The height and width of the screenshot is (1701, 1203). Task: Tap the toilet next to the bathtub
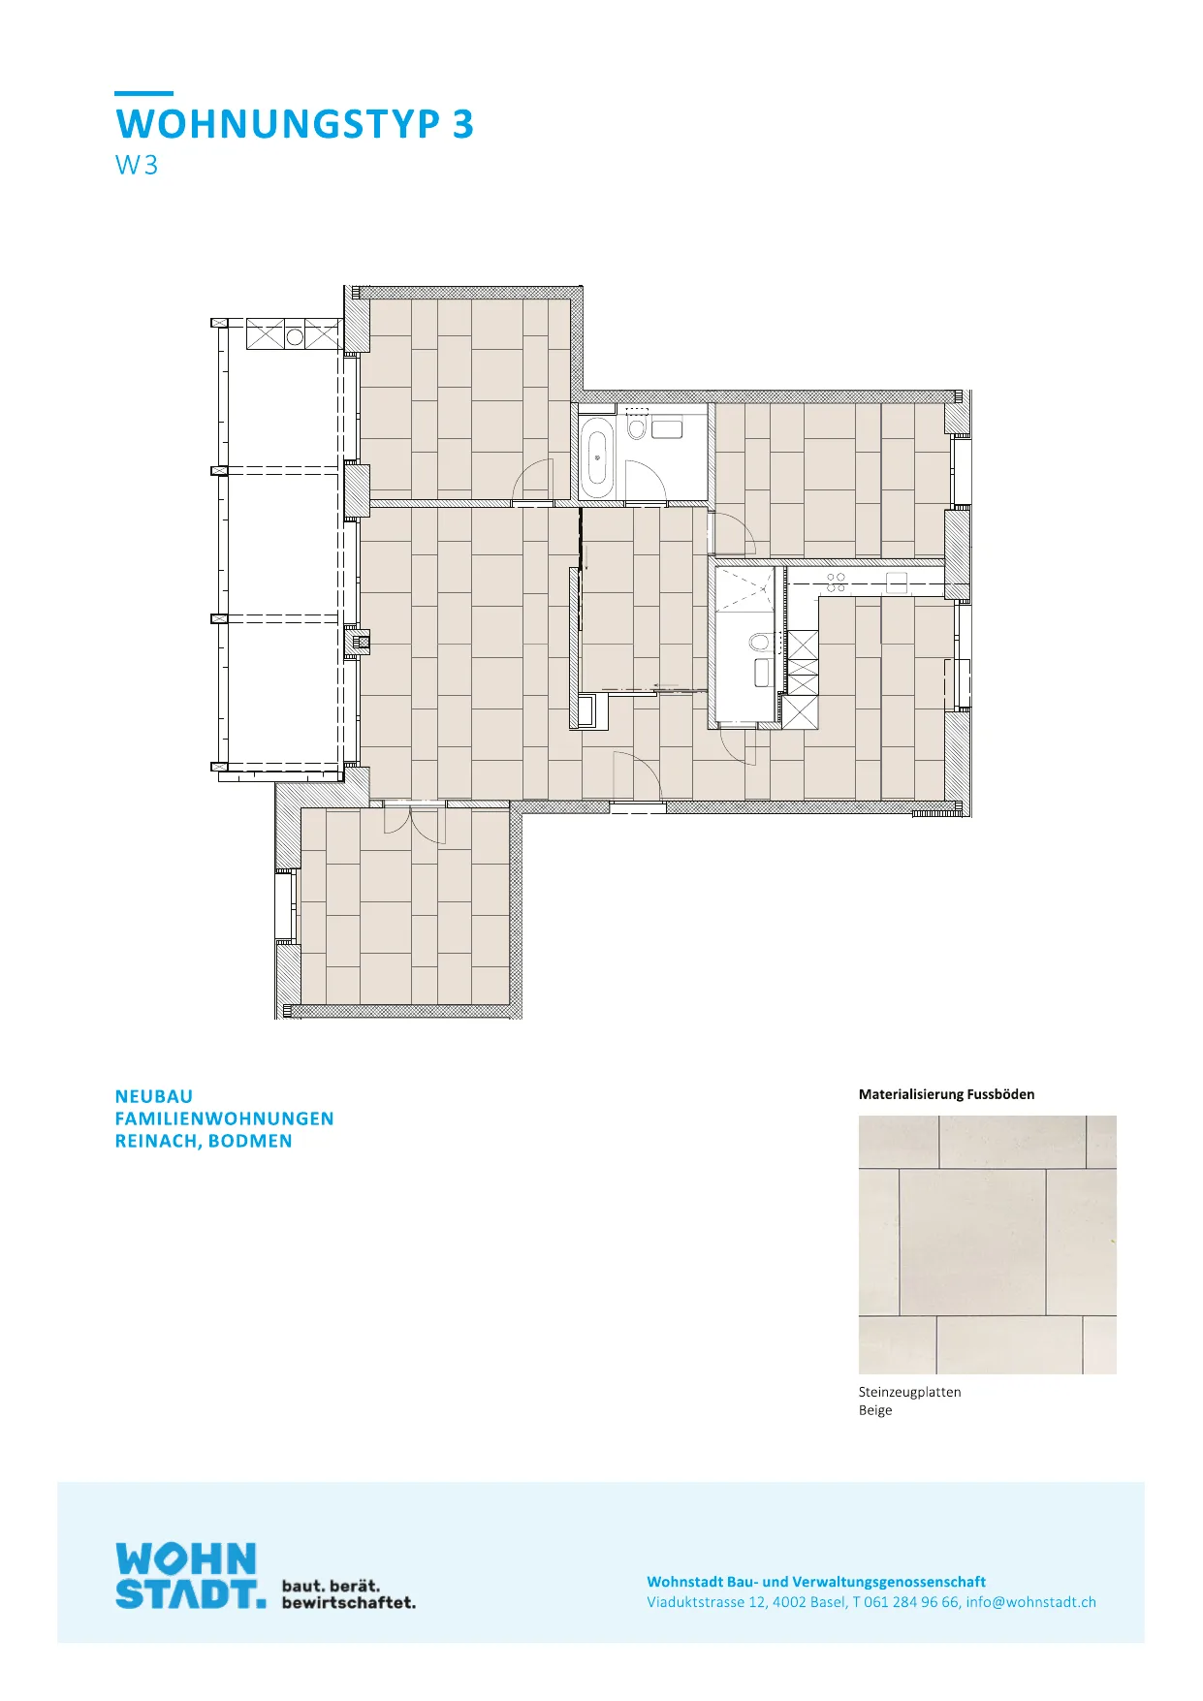click(x=637, y=427)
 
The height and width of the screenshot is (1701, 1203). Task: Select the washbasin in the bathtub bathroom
click(x=667, y=427)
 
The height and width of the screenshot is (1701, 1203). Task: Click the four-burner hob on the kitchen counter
click(x=836, y=582)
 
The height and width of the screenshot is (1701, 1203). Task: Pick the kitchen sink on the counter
click(x=897, y=582)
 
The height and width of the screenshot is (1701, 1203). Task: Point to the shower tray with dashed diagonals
click(x=744, y=589)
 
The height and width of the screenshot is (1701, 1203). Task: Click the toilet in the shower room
click(x=759, y=642)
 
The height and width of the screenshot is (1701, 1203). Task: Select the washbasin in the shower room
click(x=763, y=672)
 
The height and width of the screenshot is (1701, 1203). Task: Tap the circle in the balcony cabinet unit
click(x=295, y=336)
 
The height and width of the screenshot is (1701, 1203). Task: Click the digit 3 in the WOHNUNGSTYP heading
click(x=462, y=124)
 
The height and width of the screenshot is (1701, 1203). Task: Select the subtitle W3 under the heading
click(x=137, y=165)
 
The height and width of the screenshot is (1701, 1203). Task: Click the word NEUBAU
click(x=154, y=1096)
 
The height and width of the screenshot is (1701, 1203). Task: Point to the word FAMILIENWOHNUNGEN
click(x=225, y=1118)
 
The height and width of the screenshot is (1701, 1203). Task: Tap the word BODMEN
click(x=250, y=1141)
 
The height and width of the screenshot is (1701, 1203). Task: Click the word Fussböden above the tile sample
click(x=1000, y=1094)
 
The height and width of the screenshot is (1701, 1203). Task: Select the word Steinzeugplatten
click(x=910, y=1392)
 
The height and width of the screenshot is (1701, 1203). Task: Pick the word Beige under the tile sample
click(x=875, y=1410)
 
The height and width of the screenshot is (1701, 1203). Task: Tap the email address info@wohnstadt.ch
click(x=1031, y=1602)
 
